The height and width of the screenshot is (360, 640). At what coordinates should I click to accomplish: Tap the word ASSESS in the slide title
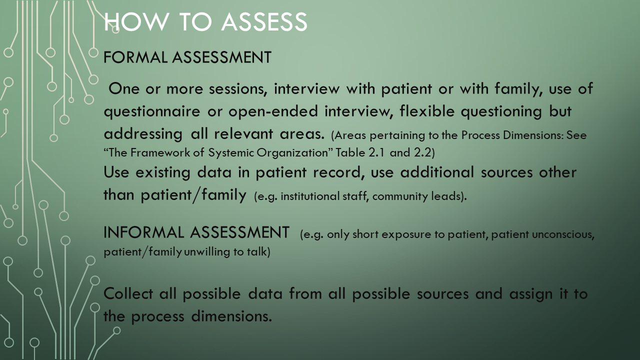click(264, 21)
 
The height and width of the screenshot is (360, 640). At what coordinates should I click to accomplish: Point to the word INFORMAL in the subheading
click(143, 232)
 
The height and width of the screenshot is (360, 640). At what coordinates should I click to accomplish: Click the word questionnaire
click(151, 111)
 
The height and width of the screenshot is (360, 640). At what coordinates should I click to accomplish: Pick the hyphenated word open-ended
click(273, 111)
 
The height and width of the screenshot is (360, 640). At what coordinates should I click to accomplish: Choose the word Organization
click(292, 153)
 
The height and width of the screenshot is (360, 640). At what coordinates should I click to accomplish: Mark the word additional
click(437, 172)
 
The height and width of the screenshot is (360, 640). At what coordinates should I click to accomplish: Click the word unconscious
click(563, 234)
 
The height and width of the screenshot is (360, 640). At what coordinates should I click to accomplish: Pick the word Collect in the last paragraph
click(128, 293)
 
